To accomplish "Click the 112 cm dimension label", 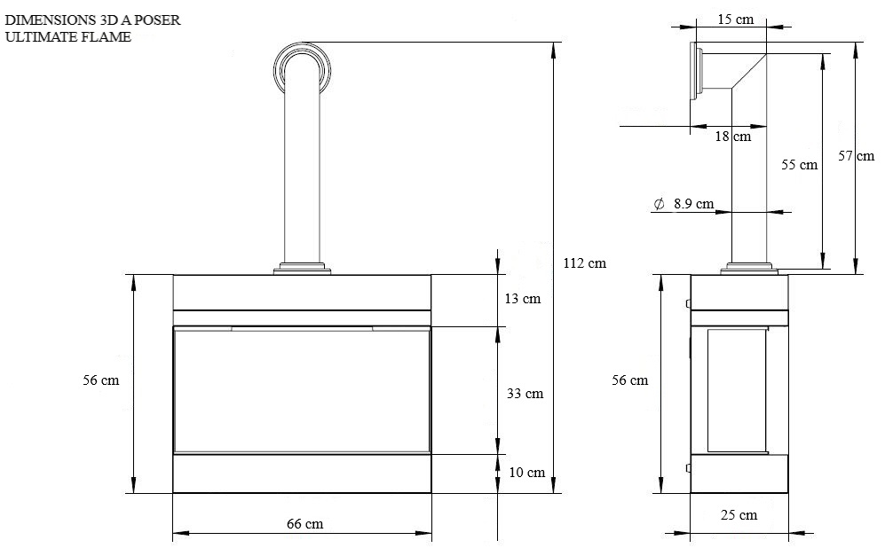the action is click(585, 262).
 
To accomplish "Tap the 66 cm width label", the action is click(304, 524).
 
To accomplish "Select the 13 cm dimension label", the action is click(523, 298).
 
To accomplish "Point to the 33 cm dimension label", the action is click(525, 393).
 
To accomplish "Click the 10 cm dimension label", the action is click(526, 472).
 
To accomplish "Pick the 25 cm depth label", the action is click(739, 515).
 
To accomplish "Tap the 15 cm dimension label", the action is click(736, 20).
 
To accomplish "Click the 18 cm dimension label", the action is click(732, 136).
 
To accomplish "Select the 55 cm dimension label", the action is click(799, 165).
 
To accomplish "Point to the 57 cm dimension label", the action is click(856, 156).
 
